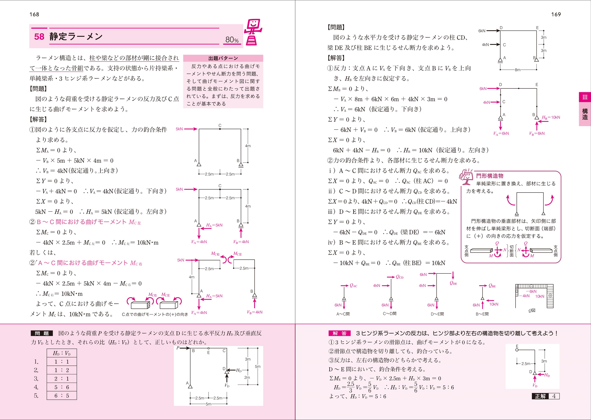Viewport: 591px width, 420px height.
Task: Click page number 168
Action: pyautogui.click(x=34, y=14)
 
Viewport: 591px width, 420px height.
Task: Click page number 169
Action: pyautogui.click(x=556, y=14)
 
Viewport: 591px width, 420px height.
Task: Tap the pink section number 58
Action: pyautogui.click(x=39, y=37)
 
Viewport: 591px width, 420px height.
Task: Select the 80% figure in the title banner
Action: pyautogui.click(x=232, y=40)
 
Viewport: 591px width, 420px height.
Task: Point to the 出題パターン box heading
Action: pyautogui.click(x=223, y=58)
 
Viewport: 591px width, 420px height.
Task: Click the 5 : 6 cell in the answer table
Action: pyautogui.click(x=61, y=387)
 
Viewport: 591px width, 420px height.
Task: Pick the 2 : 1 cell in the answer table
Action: pyautogui.click(x=61, y=379)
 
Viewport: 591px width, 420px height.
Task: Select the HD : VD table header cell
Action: pyautogui.click(x=61, y=353)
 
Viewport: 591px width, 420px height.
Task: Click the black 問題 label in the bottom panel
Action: pyautogui.click(x=42, y=333)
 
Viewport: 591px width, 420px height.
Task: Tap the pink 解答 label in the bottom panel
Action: pyautogui.click(x=339, y=333)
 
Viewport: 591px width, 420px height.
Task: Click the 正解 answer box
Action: pyautogui.click(x=546, y=396)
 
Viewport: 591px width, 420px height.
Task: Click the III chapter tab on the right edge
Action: pyautogui.click(x=585, y=97)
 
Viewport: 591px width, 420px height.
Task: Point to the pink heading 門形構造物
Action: pyautogui.click(x=490, y=176)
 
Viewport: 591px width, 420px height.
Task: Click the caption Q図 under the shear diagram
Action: pyautogui.click(x=532, y=310)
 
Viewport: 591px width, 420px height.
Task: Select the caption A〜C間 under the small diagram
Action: pyautogui.click(x=343, y=314)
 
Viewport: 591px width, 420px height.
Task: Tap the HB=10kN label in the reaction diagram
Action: pyautogui.click(x=551, y=117)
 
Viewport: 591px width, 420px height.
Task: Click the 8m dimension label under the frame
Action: pyautogui.click(x=517, y=70)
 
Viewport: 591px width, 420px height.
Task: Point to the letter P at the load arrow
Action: pyautogui.click(x=178, y=348)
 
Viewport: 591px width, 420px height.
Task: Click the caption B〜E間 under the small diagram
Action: pyautogui.click(x=482, y=314)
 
